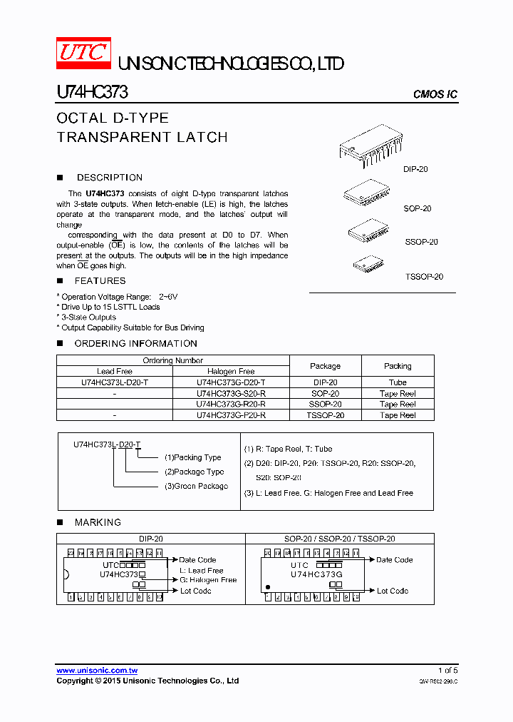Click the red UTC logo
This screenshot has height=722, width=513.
[83, 55]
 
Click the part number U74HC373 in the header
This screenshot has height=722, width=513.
[92, 93]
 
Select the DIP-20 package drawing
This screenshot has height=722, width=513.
[373, 147]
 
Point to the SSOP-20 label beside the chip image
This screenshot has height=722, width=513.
[421, 242]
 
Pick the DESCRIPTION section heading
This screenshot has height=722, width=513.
[109, 178]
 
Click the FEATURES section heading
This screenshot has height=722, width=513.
[100, 281]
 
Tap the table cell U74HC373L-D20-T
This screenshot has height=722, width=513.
[115, 382]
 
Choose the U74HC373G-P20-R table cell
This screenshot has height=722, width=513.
[231, 415]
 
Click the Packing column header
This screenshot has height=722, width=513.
[398, 366]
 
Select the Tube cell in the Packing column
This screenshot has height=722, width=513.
[398, 382]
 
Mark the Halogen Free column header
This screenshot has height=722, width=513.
[231, 371]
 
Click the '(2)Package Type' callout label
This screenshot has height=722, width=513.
[194, 472]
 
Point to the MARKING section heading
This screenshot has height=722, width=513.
[98, 522]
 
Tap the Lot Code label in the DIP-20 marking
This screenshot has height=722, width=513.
[195, 591]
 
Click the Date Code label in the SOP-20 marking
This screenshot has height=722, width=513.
[394, 560]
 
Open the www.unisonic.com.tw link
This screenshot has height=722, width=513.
[97, 671]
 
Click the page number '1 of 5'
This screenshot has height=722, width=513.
[447, 671]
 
